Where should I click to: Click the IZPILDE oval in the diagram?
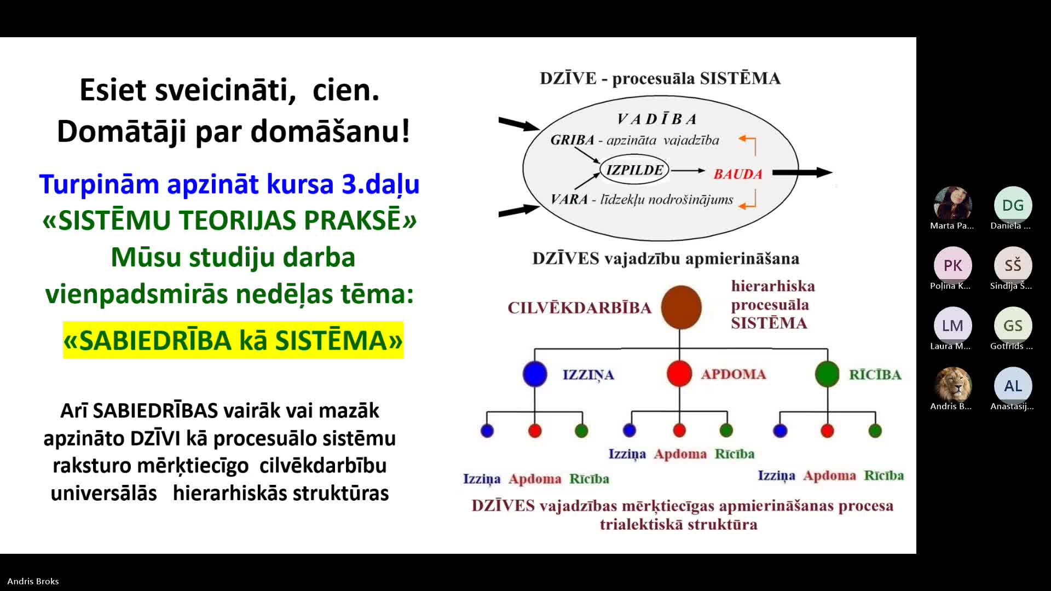[x=634, y=170]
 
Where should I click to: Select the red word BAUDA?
[x=738, y=174]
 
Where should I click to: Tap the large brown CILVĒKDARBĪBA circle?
[x=681, y=307]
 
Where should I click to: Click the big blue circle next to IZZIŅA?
[x=535, y=374]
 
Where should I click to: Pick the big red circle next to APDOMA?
[x=679, y=374]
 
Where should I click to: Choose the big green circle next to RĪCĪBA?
[x=827, y=374]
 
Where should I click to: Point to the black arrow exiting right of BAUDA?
[x=802, y=172]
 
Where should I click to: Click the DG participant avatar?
[x=1013, y=205]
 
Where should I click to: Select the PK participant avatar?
[x=952, y=265]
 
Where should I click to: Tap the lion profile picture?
[x=952, y=386]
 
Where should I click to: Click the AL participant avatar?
[x=1013, y=386]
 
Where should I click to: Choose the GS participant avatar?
[x=1013, y=326]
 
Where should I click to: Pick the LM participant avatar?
[x=952, y=326]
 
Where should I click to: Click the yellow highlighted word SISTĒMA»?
[x=339, y=340]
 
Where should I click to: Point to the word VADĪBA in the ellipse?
[x=657, y=119]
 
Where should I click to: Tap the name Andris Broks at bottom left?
[x=33, y=581]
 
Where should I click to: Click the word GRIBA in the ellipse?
[x=572, y=140]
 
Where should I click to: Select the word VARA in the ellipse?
[x=569, y=199]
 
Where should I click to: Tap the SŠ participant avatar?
[x=1013, y=265]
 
